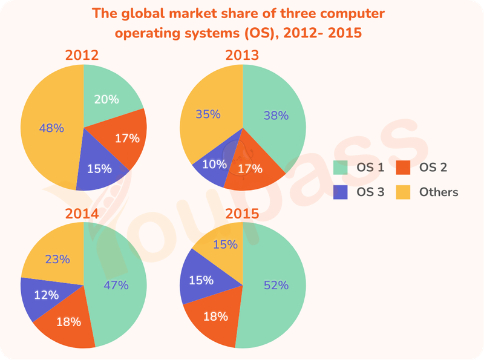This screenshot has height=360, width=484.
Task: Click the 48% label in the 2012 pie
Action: [51, 128]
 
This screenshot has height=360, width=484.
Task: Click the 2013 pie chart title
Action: [242, 56]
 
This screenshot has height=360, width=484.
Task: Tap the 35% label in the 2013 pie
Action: [208, 114]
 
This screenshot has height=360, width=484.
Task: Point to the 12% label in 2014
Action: [45, 295]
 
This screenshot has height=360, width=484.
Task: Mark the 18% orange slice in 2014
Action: [68, 322]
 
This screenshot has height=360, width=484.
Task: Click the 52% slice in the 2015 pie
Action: [276, 285]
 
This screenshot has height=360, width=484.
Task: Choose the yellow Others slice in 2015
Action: [223, 244]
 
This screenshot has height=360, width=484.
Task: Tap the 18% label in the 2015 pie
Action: [215, 316]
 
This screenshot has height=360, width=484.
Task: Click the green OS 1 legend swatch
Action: [341, 167]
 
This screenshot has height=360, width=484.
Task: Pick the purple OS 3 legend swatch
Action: [341, 192]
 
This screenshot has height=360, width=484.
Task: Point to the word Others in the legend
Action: [438, 192]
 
